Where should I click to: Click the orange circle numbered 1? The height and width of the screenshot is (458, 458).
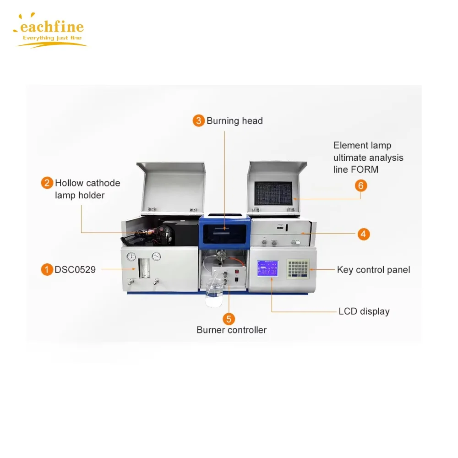pos(47,270)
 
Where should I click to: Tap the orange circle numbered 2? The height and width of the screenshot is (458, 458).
pos(47,183)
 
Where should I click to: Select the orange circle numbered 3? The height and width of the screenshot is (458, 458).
pos(198,121)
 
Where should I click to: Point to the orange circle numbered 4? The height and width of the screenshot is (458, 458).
pos(363,234)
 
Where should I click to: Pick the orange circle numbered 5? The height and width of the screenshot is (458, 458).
pos(229,318)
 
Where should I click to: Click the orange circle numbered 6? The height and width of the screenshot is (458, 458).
pos(361,185)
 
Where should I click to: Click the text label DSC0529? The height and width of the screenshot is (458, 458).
pos(75,270)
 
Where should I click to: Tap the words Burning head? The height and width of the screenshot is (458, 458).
pos(234,121)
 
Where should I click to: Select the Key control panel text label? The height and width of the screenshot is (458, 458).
pos(373,270)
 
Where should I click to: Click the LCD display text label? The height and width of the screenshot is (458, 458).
pos(364,311)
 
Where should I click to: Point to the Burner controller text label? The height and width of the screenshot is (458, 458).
pos(231,330)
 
